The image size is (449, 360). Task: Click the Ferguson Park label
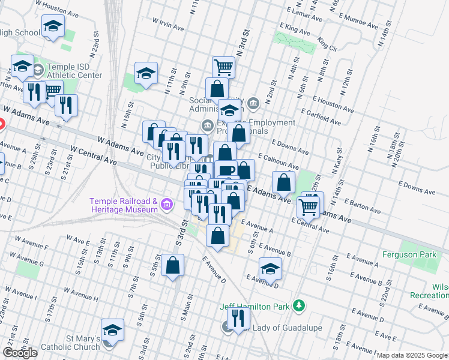[x=411, y=255]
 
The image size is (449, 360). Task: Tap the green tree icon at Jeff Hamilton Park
[x=298, y=306]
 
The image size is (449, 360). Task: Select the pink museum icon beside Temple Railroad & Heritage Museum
[x=167, y=206]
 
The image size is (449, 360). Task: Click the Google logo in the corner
[x=20, y=353]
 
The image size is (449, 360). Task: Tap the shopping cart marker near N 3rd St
[x=223, y=67]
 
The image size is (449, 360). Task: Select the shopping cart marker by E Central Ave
[x=309, y=207]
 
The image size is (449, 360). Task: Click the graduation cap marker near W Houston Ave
[x=53, y=26]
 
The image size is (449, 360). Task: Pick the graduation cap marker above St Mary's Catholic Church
[x=112, y=329]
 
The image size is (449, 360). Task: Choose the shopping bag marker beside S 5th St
[x=172, y=266]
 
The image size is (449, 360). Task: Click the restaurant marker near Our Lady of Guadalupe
[x=239, y=319]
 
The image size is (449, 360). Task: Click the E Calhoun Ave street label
[x=278, y=161]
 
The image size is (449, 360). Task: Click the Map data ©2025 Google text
[x=412, y=355]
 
